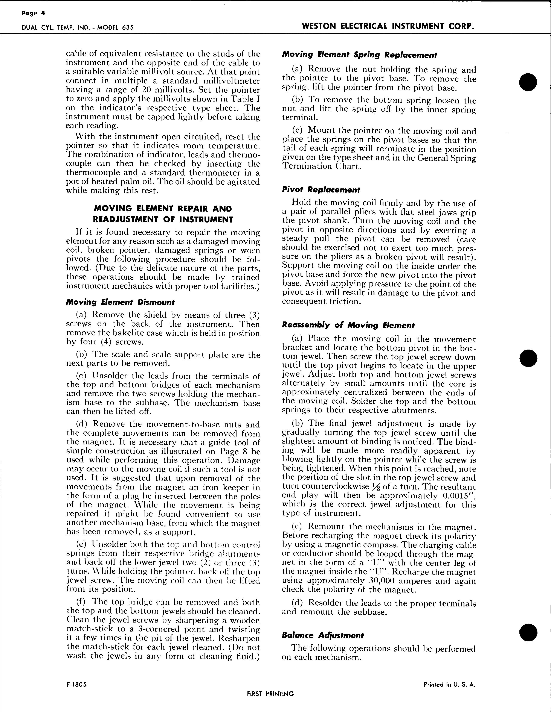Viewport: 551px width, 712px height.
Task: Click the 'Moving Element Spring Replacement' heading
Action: pyautogui.click(x=359, y=55)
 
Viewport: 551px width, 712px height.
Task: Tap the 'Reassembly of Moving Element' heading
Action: pyautogui.click(x=348, y=325)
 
